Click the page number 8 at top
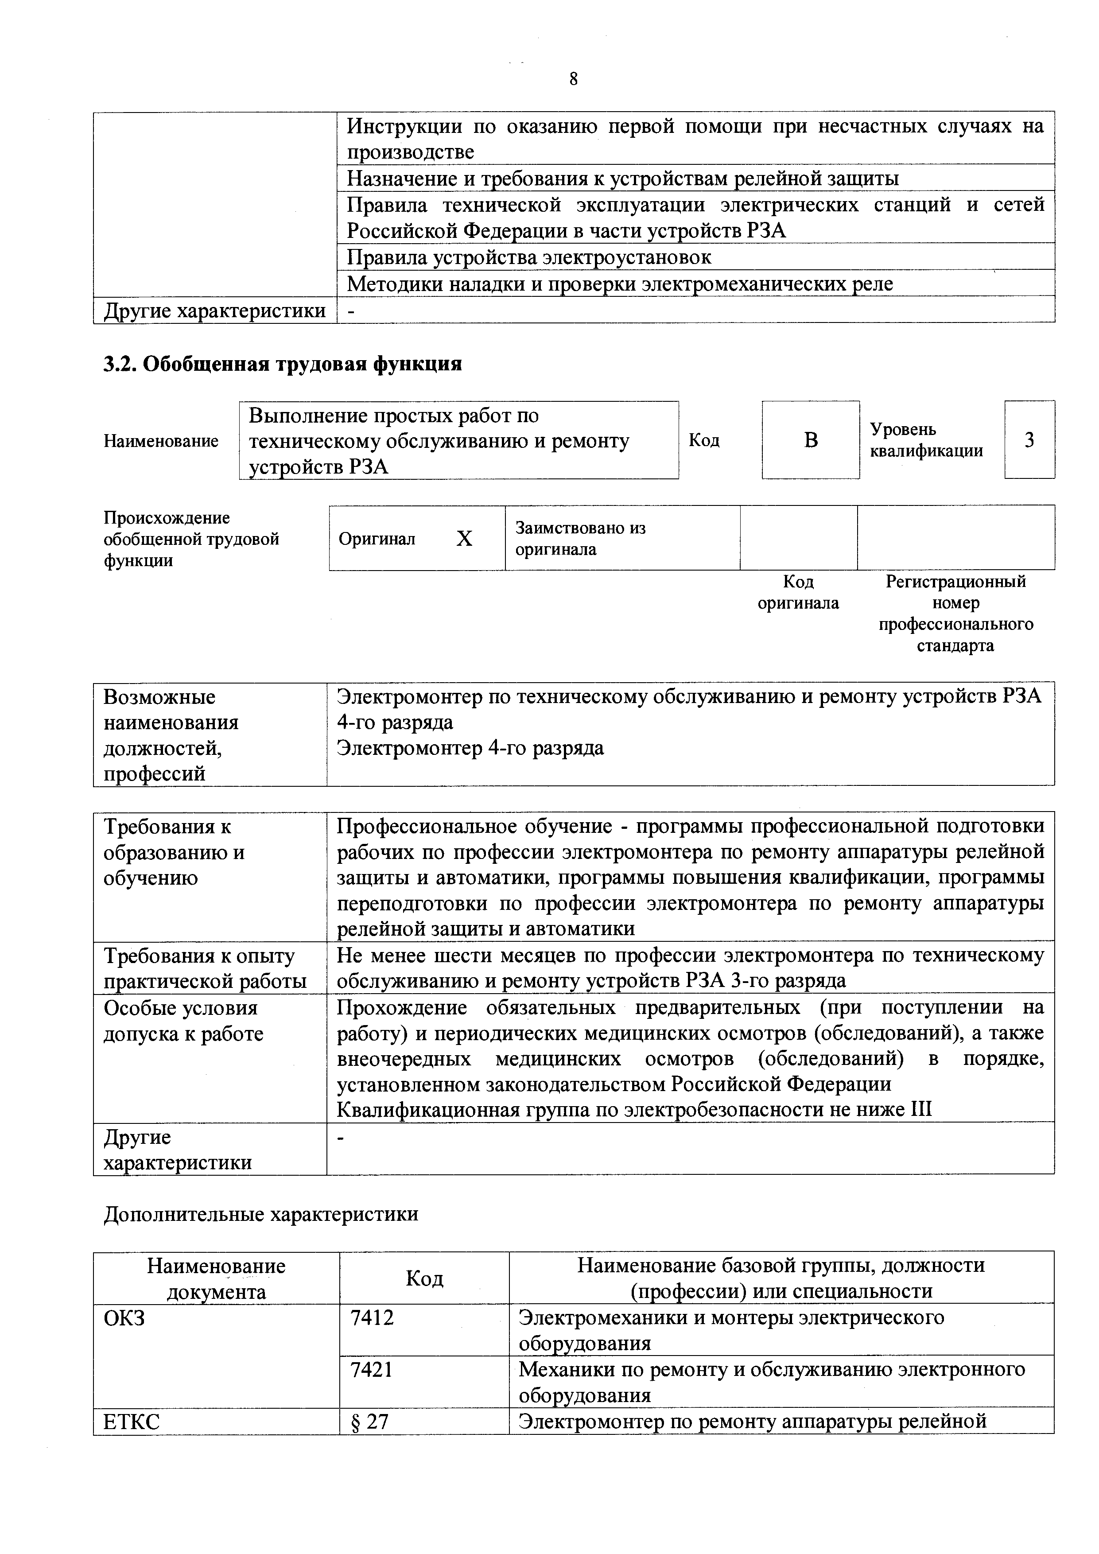click(x=573, y=80)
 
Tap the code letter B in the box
click(x=811, y=441)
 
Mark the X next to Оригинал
click(x=464, y=539)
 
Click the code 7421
click(x=372, y=1369)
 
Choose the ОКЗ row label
click(x=124, y=1318)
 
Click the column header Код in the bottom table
click(x=424, y=1278)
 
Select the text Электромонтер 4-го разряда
click(x=470, y=748)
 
